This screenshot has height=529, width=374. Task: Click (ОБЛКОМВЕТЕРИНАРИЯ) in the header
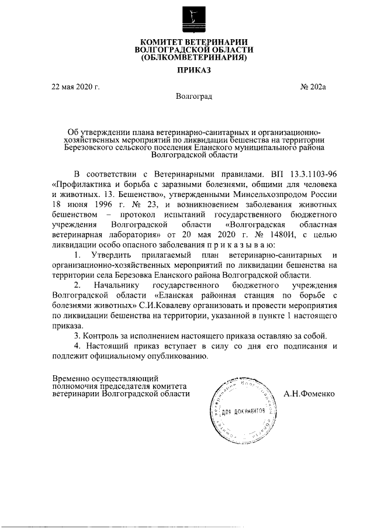(x=191, y=58)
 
